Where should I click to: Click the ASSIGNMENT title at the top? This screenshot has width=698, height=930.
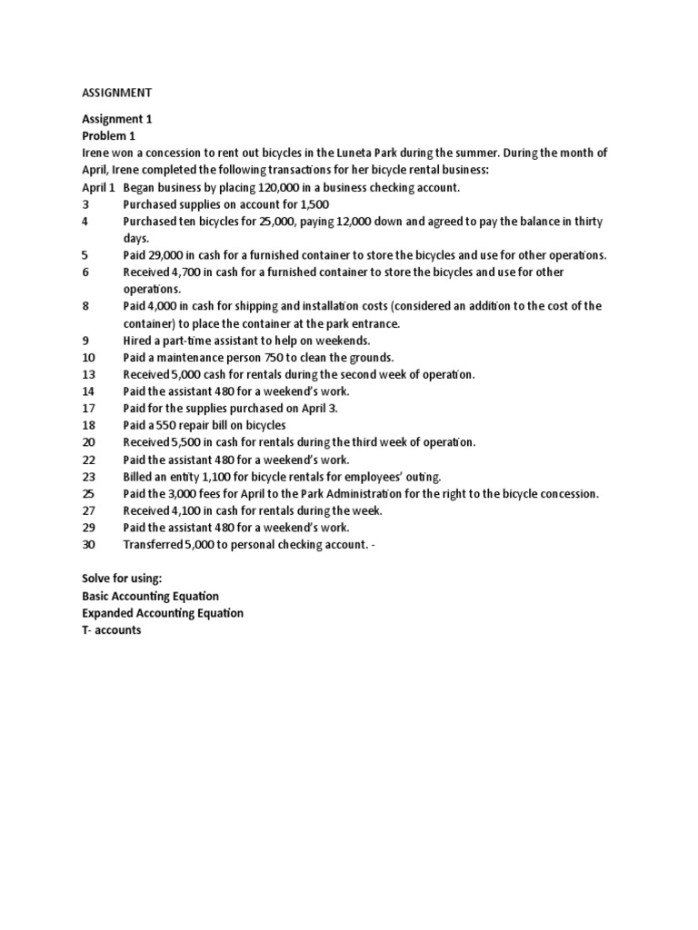117,93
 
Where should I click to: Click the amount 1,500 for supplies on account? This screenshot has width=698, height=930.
313,204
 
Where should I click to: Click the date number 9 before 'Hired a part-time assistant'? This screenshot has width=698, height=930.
85,341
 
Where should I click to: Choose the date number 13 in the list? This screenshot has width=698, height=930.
88,374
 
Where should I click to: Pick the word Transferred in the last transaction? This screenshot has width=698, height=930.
154,545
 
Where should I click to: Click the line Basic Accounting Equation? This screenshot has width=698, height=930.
150,596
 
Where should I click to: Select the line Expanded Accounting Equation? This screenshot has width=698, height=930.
163,613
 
